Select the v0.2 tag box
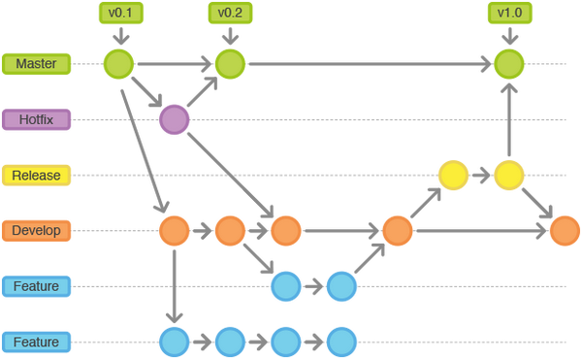tap(229, 14)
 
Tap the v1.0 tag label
tap(507, 14)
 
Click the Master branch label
tap(36, 64)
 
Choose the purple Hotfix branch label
tap(36, 120)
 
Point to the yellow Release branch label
tap(36, 176)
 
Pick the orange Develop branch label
tap(36, 231)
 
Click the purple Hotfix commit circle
tap(174, 120)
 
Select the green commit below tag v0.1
tap(118, 64)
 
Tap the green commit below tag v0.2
tap(229, 64)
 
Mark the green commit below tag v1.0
tap(507, 64)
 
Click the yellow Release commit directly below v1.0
tap(507, 176)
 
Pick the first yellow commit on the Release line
tap(452, 176)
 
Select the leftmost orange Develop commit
tap(174, 231)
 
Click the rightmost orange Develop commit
tap(564, 231)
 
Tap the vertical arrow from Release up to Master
tap(507, 121)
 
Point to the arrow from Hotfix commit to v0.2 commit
tap(202, 92)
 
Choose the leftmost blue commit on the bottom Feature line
tap(174, 342)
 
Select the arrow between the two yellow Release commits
tap(480, 176)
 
